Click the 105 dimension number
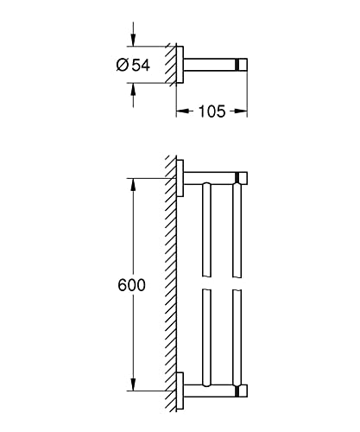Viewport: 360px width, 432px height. pos(212,111)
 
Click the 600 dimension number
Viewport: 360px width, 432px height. pos(132,285)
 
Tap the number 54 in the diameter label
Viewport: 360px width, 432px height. pos(141,65)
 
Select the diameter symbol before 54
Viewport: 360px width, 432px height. pos(123,65)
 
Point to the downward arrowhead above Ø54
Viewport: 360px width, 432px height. pos(133,40)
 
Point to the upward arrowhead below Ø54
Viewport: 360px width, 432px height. pos(133,90)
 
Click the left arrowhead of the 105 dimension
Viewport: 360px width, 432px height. pos(182,111)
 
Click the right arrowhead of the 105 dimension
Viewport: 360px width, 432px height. pos(241,111)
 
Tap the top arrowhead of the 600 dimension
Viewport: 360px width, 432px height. pos(133,185)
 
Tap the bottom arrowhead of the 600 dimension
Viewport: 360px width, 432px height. pos(133,384)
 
